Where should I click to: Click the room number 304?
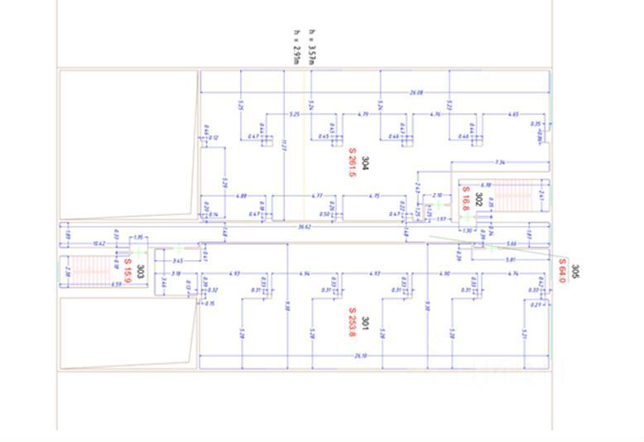click(x=365, y=162)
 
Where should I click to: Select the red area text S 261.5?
click(x=352, y=162)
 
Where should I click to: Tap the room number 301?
click(x=365, y=321)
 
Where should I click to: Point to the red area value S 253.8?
click(x=352, y=321)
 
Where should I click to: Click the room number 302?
click(x=478, y=199)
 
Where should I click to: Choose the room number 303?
click(x=141, y=271)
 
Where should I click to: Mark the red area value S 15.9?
click(x=128, y=268)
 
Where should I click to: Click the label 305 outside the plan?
click(x=575, y=271)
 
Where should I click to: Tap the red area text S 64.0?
click(x=562, y=270)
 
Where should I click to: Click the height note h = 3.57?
click(x=311, y=45)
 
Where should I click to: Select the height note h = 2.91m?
click(x=296, y=47)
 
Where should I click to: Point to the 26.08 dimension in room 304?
click(x=417, y=93)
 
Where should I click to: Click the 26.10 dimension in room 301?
click(x=360, y=356)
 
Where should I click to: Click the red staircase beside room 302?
click(x=515, y=196)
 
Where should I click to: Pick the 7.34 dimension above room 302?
click(x=499, y=162)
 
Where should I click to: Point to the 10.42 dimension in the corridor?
click(x=99, y=243)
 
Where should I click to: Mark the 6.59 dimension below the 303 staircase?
click(x=93, y=284)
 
